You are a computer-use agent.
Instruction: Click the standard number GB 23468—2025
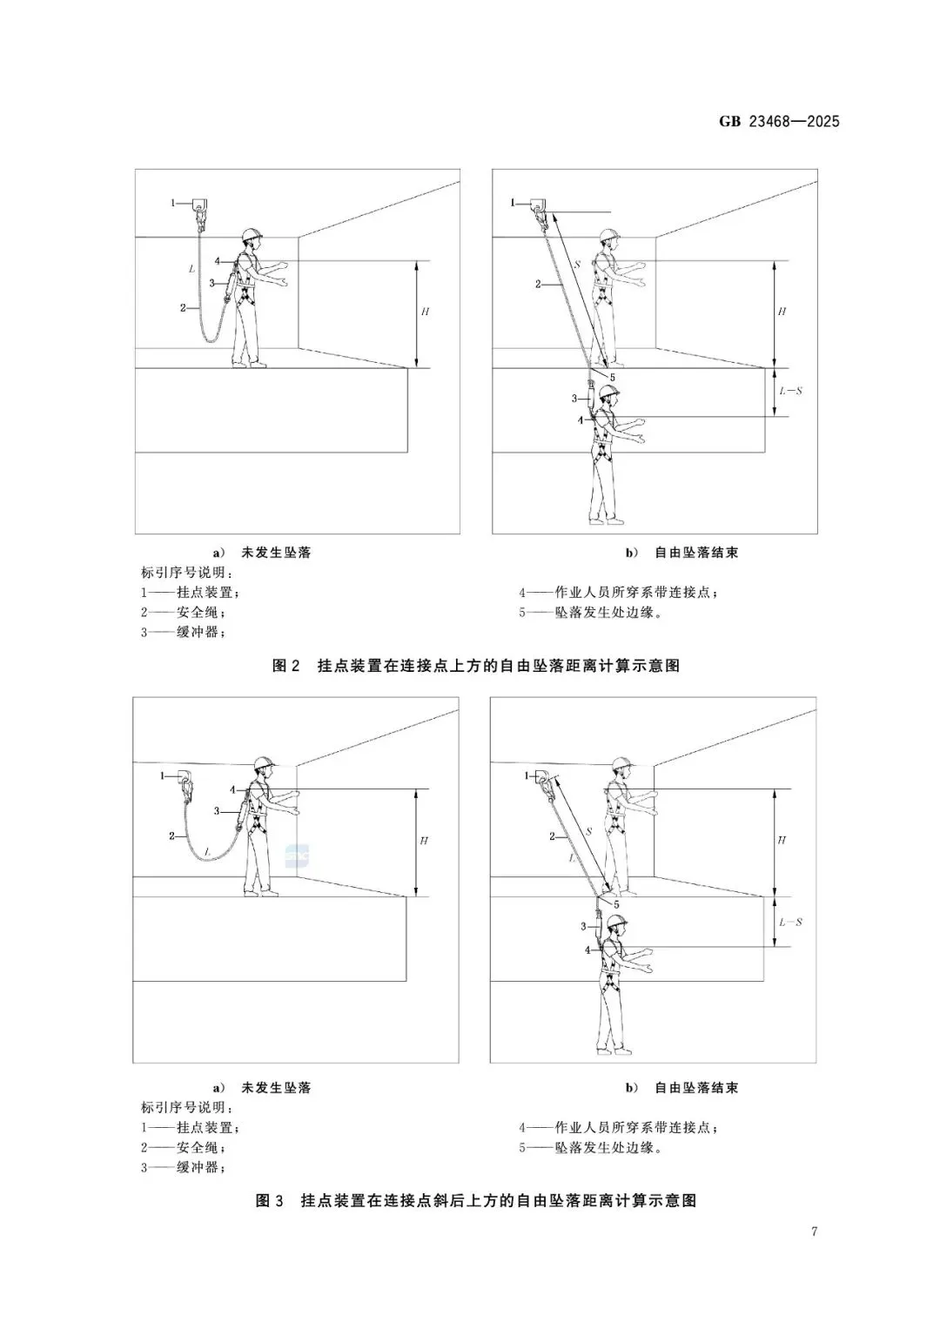(779, 122)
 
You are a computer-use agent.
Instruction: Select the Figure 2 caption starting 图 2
(476, 666)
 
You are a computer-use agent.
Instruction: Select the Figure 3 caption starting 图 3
(476, 1201)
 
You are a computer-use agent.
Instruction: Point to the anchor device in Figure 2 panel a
(200, 209)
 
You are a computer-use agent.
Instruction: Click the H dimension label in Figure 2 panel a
(425, 312)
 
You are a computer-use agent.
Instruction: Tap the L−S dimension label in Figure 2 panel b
(790, 392)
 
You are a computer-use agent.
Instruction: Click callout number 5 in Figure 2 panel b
(612, 377)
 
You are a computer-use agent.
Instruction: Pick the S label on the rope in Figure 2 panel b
(576, 265)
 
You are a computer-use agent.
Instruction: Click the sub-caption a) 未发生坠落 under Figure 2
(262, 553)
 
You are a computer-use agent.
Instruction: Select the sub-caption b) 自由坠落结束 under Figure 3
(681, 1088)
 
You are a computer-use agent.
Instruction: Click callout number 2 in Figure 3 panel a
(172, 836)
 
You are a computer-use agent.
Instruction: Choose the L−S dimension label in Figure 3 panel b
(790, 922)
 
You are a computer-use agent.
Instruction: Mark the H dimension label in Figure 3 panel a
(424, 841)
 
